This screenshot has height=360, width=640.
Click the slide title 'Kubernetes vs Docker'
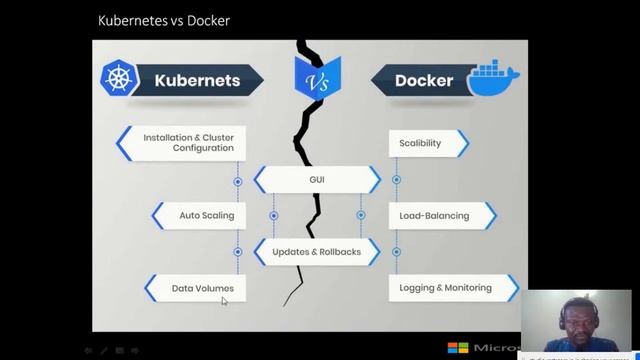pyautogui.click(x=163, y=20)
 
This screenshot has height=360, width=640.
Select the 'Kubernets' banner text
pyautogui.click(x=196, y=80)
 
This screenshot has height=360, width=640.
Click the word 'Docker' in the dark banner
pyautogui.click(x=423, y=80)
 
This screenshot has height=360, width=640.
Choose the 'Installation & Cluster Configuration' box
pyautogui.click(x=186, y=143)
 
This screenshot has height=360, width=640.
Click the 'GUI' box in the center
pyautogui.click(x=316, y=180)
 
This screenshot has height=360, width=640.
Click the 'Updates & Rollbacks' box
pyautogui.click(x=316, y=251)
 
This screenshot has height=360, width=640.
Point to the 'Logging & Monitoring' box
pyautogui.click(x=446, y=288)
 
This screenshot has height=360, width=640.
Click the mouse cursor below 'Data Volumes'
pyautogui.click(x=225, y=300)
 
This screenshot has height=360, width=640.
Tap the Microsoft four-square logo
pyautogui.click(x=458, y=348)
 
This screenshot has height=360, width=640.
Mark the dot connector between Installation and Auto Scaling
pyautogui.click(x=238, y=182)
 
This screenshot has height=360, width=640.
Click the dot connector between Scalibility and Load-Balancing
pyautogui.click(x=396, y=180)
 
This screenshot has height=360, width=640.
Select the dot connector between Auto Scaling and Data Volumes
pyautogui.click(x=238, y=252)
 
